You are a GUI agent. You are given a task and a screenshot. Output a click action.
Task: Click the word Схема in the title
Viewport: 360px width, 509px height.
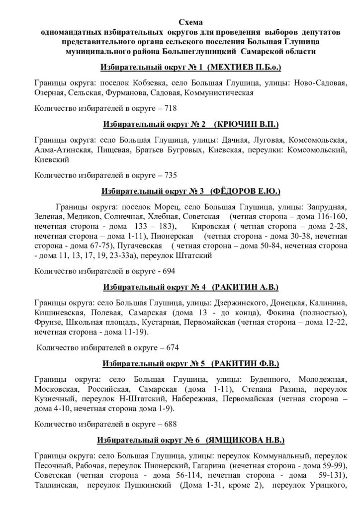(x=191, y=22)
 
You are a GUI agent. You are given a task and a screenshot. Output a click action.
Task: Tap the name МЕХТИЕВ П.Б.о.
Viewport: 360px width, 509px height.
(x=248, y=67)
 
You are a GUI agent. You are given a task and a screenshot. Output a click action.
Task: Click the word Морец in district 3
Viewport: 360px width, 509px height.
(x=160, y=207)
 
